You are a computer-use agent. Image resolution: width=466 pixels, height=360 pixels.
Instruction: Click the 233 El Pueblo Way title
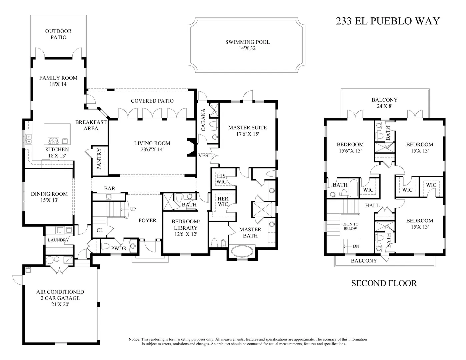click(388, 21)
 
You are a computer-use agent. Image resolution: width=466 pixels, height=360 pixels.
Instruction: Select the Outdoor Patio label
click(58, 34)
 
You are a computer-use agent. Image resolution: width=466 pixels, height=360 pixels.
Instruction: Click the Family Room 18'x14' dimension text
click(58, 84)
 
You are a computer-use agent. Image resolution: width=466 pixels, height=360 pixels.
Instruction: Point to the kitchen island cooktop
click(53, 141)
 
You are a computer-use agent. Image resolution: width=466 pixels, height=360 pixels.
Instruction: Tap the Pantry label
click(99, 159)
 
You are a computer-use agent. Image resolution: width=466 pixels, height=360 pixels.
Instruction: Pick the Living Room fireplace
click(191, 148)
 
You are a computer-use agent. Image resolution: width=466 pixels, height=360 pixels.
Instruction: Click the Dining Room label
click(49, 194)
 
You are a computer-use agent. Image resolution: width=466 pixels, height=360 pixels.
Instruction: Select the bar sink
click(109, 196)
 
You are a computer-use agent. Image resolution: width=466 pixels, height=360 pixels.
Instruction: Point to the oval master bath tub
click(242, 251)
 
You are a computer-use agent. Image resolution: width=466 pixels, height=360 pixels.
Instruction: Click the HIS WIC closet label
click(221, 179)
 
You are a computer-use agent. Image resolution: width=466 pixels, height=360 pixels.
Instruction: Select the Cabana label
click(203, 120)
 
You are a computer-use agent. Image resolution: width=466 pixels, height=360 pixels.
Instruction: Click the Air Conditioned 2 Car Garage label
click(60, 295)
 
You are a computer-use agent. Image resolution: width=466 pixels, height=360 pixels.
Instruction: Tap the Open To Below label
click(350, 226)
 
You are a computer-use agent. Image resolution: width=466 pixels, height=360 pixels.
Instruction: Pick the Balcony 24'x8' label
click(385, 103)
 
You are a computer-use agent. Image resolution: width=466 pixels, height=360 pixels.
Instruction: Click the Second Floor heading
click(384, 283)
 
